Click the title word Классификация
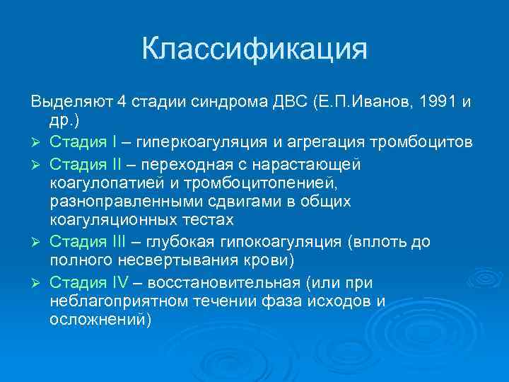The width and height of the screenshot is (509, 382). tap(255, 50)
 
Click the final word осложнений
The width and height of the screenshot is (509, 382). tap(100, 320)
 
